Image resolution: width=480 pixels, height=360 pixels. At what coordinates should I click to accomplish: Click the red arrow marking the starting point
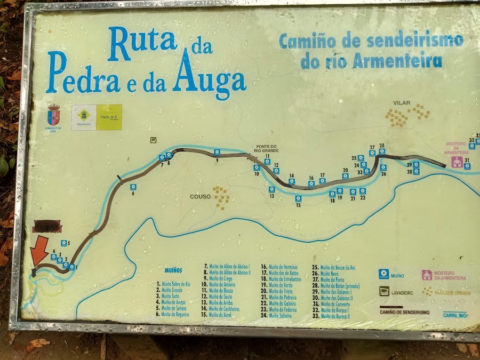point(39,252)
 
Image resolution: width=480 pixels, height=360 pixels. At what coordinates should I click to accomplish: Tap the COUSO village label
point(200,196)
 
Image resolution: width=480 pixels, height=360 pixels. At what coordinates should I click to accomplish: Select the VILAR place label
point(401,102)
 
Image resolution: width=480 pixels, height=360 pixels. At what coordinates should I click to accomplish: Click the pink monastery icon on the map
point(457,162)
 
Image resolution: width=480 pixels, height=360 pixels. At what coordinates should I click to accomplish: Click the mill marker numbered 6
point(133,187)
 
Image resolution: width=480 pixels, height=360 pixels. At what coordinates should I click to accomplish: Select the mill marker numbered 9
point(217,153)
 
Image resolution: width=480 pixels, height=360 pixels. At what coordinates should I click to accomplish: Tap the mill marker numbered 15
point(298,198)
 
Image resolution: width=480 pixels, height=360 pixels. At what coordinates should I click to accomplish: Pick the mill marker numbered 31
point(467,166)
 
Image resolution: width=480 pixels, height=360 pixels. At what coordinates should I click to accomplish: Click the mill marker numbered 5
point(63,243)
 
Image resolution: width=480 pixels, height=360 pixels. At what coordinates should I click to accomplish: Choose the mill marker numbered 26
point(383,167)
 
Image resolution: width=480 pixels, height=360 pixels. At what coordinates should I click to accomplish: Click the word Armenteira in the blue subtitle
point(398,60)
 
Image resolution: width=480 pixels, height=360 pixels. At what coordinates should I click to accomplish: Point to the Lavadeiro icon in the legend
point(384,291)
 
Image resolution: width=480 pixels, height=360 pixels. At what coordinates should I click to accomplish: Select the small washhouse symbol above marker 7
point(154,140)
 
